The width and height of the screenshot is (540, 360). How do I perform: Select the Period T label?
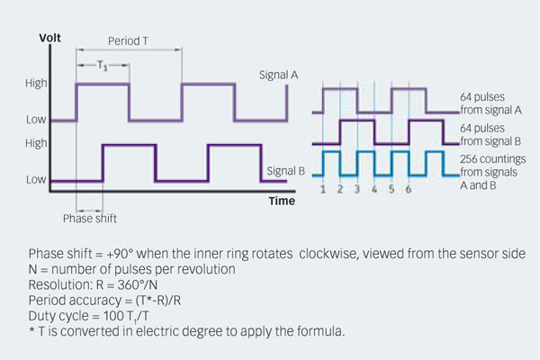[x=129, y=41]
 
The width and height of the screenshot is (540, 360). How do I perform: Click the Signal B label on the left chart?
[x=288, y=169]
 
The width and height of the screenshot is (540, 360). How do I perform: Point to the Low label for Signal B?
[x=36, y=180]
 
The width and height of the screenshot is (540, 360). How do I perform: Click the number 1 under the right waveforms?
[x=323, y=191]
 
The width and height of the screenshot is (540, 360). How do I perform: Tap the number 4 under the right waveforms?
[x=374, y=191]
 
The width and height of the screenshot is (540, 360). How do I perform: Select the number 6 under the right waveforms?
[x=409, y=191]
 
